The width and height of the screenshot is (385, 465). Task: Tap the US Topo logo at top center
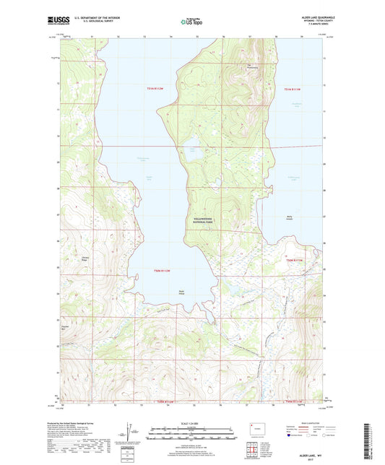pos(191,22)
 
